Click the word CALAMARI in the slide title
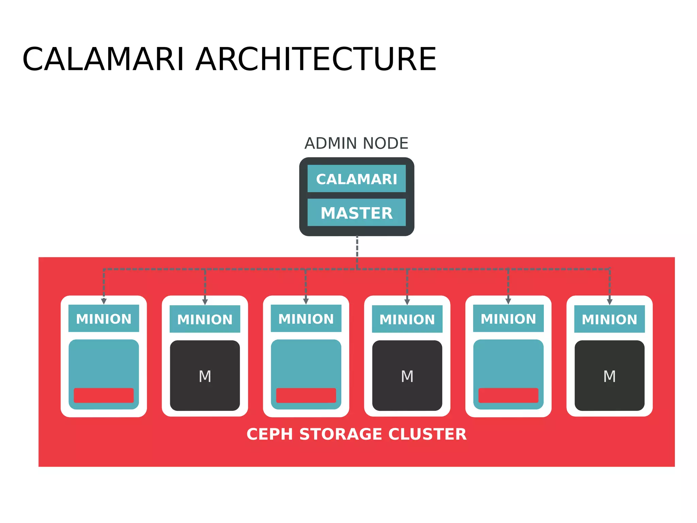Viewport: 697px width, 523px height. (103, 60)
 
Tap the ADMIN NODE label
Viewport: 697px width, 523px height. (356, 143)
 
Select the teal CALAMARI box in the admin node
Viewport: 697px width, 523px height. (356, 179)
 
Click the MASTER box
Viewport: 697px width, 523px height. (356, 213)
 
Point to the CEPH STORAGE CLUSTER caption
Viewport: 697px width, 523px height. (356, 434)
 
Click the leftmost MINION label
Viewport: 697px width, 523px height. (103, 319)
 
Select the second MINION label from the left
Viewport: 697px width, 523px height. (205, 320)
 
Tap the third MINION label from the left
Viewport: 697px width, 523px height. (306, 319)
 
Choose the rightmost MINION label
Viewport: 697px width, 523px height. (609, 320)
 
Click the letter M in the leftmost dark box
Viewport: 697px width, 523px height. (205, 376)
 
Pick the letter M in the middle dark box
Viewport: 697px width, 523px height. (407, 376)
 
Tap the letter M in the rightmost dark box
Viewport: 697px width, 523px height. (609, 376)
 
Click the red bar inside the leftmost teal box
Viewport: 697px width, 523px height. (103, 396)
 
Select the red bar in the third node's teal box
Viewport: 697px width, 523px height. (306, 396)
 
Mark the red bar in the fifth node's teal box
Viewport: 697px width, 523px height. (508, 396)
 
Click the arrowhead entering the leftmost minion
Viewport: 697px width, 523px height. (104, 301)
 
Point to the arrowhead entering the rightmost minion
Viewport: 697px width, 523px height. (610, 302)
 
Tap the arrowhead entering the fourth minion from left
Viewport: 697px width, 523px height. (407, 302)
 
